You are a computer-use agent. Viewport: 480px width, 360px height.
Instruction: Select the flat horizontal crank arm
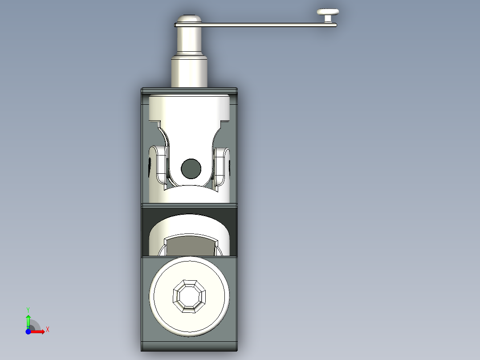click(267, 25)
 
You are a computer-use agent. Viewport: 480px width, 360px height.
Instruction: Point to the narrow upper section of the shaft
click(189, 40)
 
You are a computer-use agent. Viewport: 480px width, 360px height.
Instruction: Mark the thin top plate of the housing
click(189, 90)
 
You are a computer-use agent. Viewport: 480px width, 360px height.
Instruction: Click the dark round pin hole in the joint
click(191, 168)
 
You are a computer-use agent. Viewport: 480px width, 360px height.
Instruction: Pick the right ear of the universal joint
click(222, 165)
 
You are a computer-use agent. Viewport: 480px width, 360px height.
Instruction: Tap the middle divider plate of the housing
click(189, 205)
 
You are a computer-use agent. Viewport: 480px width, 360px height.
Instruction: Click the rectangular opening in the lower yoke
click(189, 245)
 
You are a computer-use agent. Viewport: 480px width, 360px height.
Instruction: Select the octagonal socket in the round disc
click(189, 295)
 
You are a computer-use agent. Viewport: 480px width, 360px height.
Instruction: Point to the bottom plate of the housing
click(189, 347)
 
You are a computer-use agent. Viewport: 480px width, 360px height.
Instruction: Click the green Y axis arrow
click(28, 320)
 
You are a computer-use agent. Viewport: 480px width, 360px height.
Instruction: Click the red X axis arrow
click(39, 331)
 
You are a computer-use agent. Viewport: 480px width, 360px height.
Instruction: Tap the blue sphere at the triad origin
click(28, 331)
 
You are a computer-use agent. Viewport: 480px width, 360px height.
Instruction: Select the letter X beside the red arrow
click(48, 330)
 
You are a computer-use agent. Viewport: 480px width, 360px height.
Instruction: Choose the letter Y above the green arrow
click(28, 309)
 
